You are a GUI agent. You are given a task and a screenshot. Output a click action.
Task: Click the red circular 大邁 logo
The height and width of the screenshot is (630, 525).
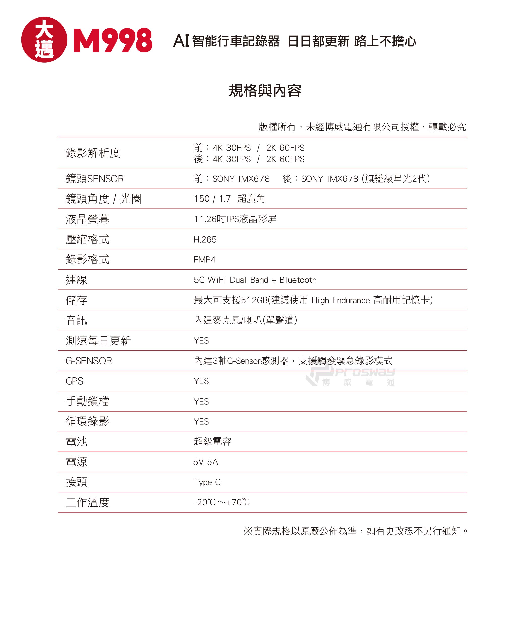[44, 40]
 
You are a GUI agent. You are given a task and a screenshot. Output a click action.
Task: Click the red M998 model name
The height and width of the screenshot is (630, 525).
[113, 40]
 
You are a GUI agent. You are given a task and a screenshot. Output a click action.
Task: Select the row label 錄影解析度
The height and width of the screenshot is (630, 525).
[93, 153]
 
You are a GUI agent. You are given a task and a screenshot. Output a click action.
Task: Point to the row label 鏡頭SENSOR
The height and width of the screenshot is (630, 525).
[94, 179]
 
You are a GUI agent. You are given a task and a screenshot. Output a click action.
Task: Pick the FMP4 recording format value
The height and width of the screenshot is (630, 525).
[205, 259]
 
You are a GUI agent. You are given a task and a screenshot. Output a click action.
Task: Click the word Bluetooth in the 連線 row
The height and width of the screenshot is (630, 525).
[298, 280]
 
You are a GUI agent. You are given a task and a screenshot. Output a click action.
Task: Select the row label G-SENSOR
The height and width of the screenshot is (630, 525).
[88, 361]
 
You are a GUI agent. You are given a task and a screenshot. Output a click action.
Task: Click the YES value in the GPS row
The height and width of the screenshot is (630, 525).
[201, 381]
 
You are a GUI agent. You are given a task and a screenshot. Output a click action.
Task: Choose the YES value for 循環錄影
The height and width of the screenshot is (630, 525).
[201, 421]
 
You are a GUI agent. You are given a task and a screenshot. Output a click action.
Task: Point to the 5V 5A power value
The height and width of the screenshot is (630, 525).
[206, 462]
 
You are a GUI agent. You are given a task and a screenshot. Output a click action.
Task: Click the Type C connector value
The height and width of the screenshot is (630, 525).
[207, 482]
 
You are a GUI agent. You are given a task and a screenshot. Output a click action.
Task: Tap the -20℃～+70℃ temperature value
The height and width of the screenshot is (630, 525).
[222, 502]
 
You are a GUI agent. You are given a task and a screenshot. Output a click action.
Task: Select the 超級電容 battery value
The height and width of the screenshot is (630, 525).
[212, 441]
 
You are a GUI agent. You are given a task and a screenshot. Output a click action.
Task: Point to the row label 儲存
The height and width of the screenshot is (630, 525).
[77, 300]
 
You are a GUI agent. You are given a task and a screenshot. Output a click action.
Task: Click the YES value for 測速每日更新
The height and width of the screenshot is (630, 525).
[201, 341]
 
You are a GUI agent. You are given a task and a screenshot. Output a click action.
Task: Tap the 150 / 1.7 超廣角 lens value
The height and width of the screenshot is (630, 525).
[229, 198]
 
